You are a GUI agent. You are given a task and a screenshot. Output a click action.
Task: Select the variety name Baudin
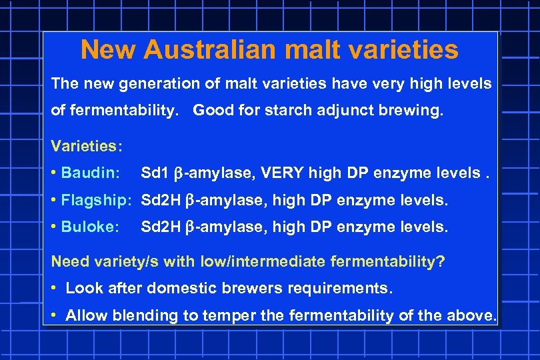pyautogui.click(x=89, y=173)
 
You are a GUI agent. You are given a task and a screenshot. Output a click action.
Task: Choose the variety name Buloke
pyautogui.click(x=89, y=227)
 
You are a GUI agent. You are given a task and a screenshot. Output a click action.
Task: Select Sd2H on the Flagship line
pyautogui.click(x=161, y=200)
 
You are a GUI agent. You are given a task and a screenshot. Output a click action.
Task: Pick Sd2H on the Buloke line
pyautogui.click(x=161, y=227)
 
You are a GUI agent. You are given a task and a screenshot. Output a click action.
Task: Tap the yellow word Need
pyautogui.click(x=69, y=261)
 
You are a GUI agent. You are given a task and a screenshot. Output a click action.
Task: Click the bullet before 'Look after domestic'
pyautogui.click(x=54, y=289)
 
